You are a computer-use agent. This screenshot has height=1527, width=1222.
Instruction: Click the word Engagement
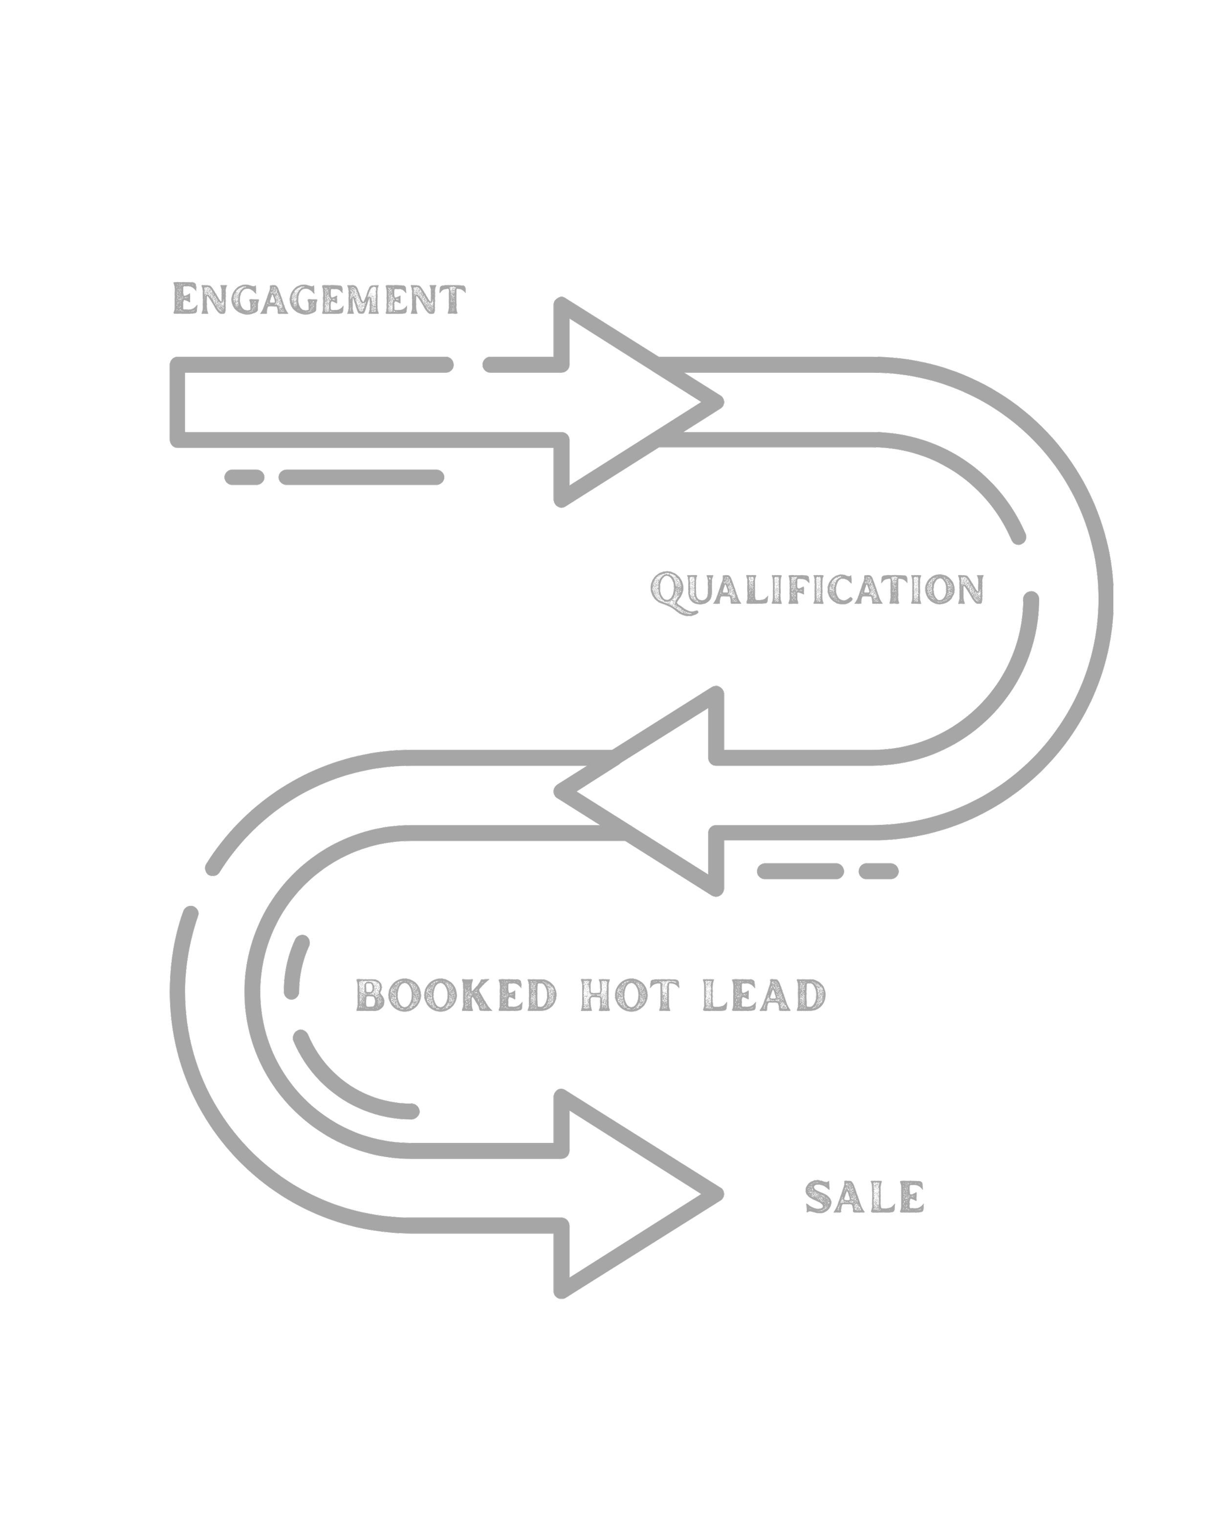pos(319,300)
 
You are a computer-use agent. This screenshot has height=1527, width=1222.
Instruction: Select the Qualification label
pos(817,590)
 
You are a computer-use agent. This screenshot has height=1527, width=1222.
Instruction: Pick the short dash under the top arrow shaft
pos(244,476)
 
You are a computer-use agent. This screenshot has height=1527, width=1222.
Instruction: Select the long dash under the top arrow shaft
pos(361,476)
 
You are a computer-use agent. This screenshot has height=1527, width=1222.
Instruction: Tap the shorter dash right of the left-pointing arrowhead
pos(878,871)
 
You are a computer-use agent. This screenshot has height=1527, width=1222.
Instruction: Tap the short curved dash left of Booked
pos(296,968)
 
